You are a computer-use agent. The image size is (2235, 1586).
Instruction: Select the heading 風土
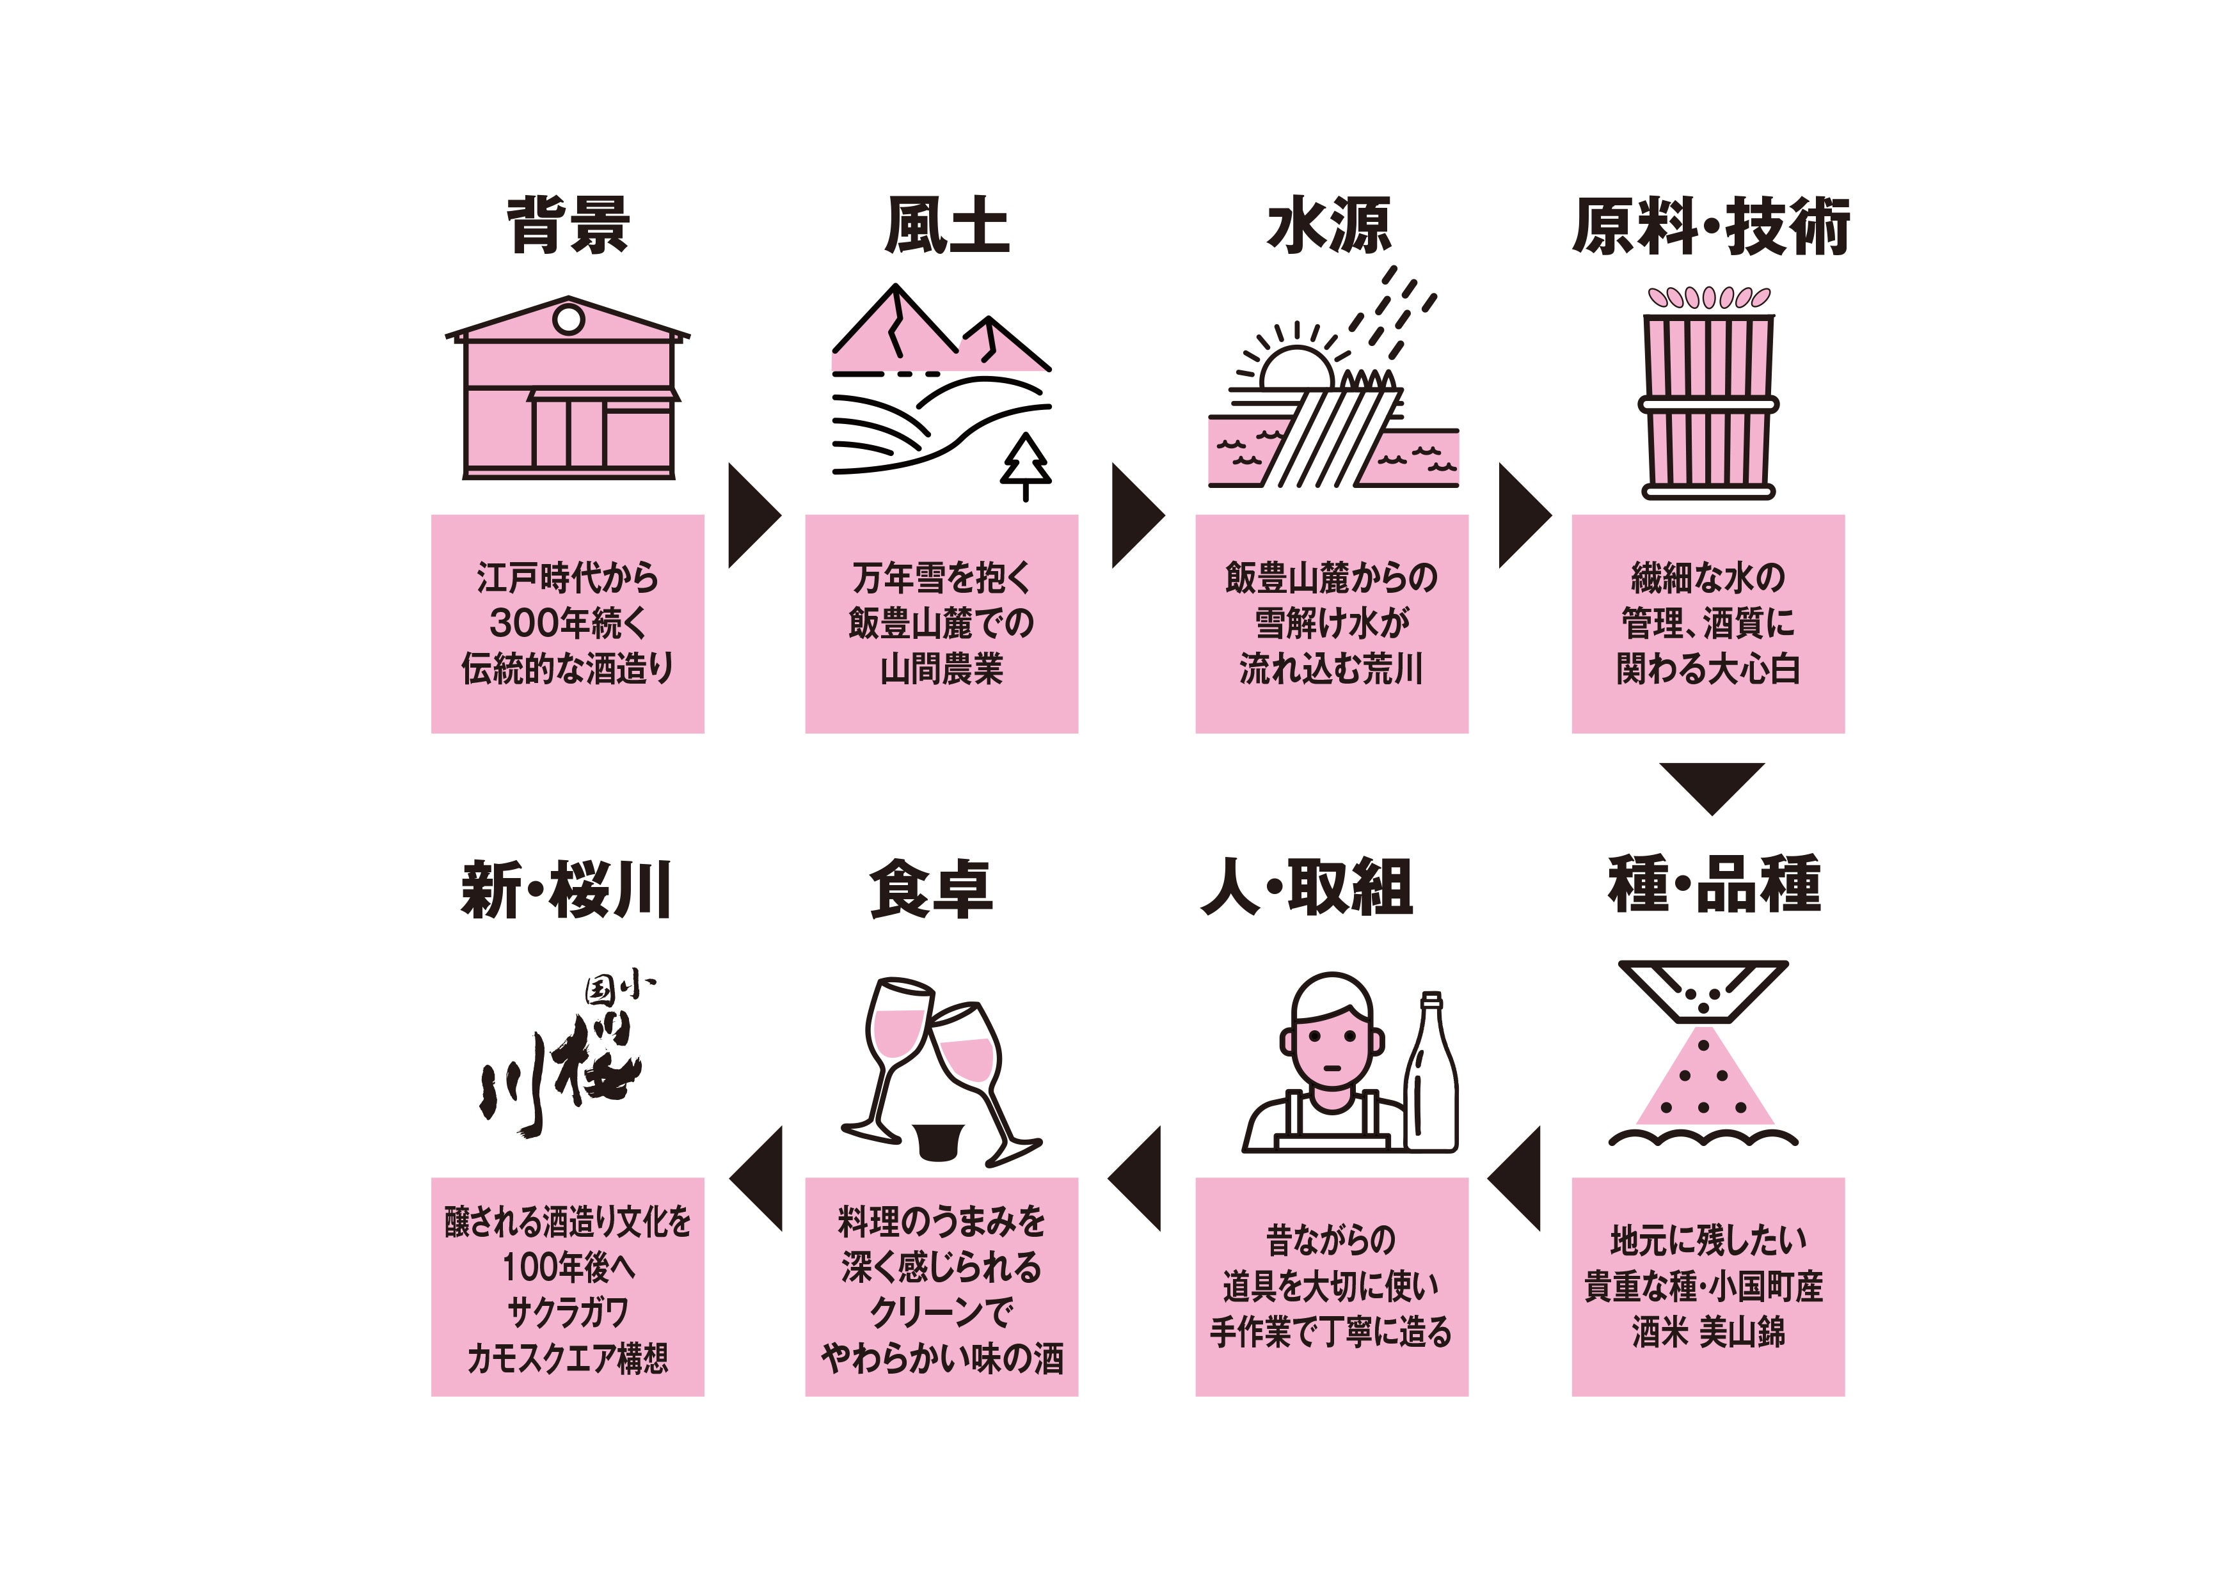click(x=946, y=226)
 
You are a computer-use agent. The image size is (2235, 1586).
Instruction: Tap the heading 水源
click(x=1328, y=226)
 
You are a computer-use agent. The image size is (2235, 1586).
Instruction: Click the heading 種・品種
click(x=1714, y=884)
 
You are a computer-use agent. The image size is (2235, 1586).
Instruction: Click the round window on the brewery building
click(x=569, y=319)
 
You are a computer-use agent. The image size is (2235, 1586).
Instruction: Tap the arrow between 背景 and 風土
click(x=752, y=515)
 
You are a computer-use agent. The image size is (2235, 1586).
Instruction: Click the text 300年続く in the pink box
click(x=568, y=623)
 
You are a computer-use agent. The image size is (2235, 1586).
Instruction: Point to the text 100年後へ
click(x=568, y=1267)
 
